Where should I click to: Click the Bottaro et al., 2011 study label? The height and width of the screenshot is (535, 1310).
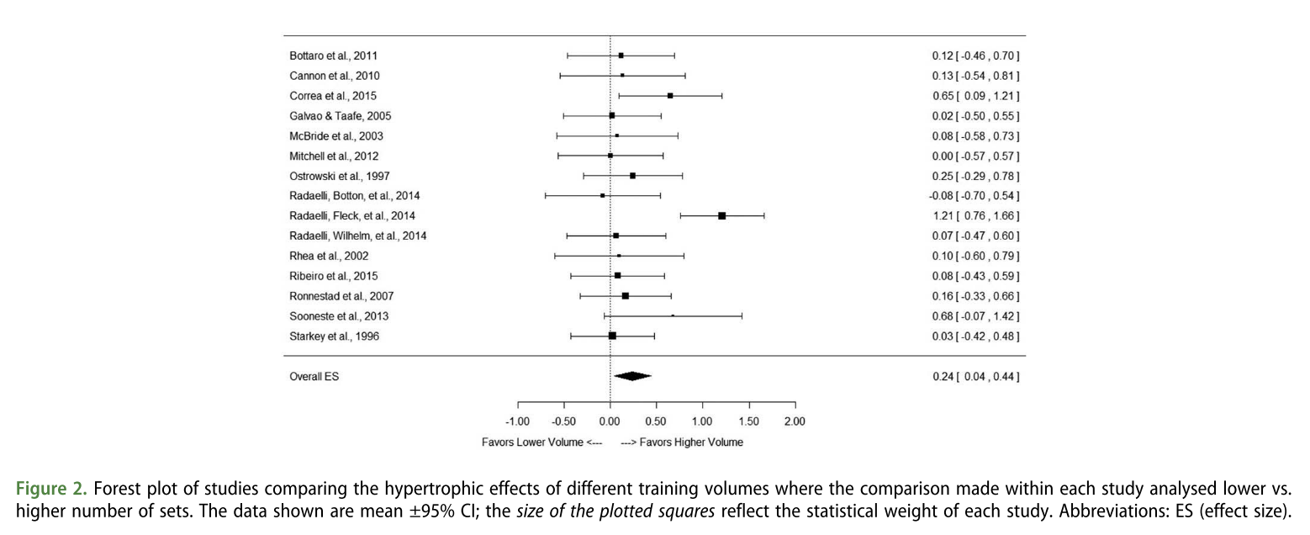point(339,56)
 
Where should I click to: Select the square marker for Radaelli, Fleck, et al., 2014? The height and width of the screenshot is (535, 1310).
point(721,216)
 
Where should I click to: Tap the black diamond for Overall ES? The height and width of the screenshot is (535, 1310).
point(632,376)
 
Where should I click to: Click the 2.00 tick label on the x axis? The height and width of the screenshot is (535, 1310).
point(794,421)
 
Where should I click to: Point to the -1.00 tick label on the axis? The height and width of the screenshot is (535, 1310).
point(517,421)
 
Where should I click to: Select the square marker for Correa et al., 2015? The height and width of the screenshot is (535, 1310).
point(670,96)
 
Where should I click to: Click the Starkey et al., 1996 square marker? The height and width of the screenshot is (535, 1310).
point(612,336)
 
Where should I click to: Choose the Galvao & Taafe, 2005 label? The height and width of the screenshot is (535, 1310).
point(341,116)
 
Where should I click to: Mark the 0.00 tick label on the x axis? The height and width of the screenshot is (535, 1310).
point(610,421)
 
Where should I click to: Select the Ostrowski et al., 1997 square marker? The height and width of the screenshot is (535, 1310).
point(632,176)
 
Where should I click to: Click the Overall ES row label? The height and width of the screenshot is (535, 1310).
point(314,377)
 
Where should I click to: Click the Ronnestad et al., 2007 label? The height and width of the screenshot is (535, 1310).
point(341,296)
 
